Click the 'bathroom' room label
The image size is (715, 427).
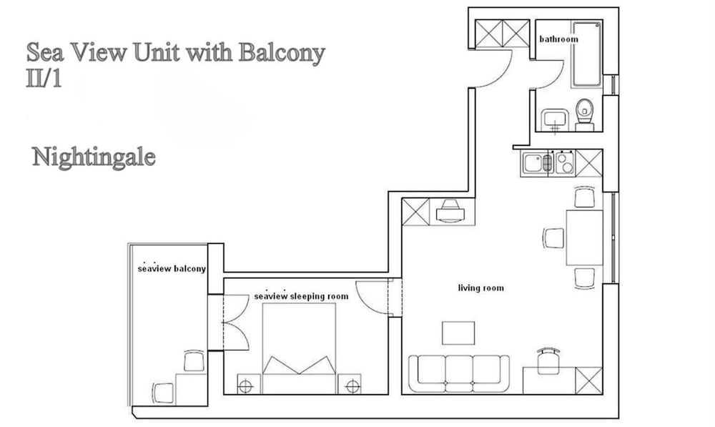(558, 39)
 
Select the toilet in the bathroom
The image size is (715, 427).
(585, 114)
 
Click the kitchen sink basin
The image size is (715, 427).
(533, 163)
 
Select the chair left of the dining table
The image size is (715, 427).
(553, 237)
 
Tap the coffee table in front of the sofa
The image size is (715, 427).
(458, 333)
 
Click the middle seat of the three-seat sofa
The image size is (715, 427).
(458, 370)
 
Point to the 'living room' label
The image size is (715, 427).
(480, 288)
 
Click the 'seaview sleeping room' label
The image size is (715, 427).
(301, 296)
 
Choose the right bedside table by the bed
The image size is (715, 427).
(351, 385)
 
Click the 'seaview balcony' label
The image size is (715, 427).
(172, 269)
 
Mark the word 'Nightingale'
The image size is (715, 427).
(94, 157)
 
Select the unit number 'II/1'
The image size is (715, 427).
(44, 78)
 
